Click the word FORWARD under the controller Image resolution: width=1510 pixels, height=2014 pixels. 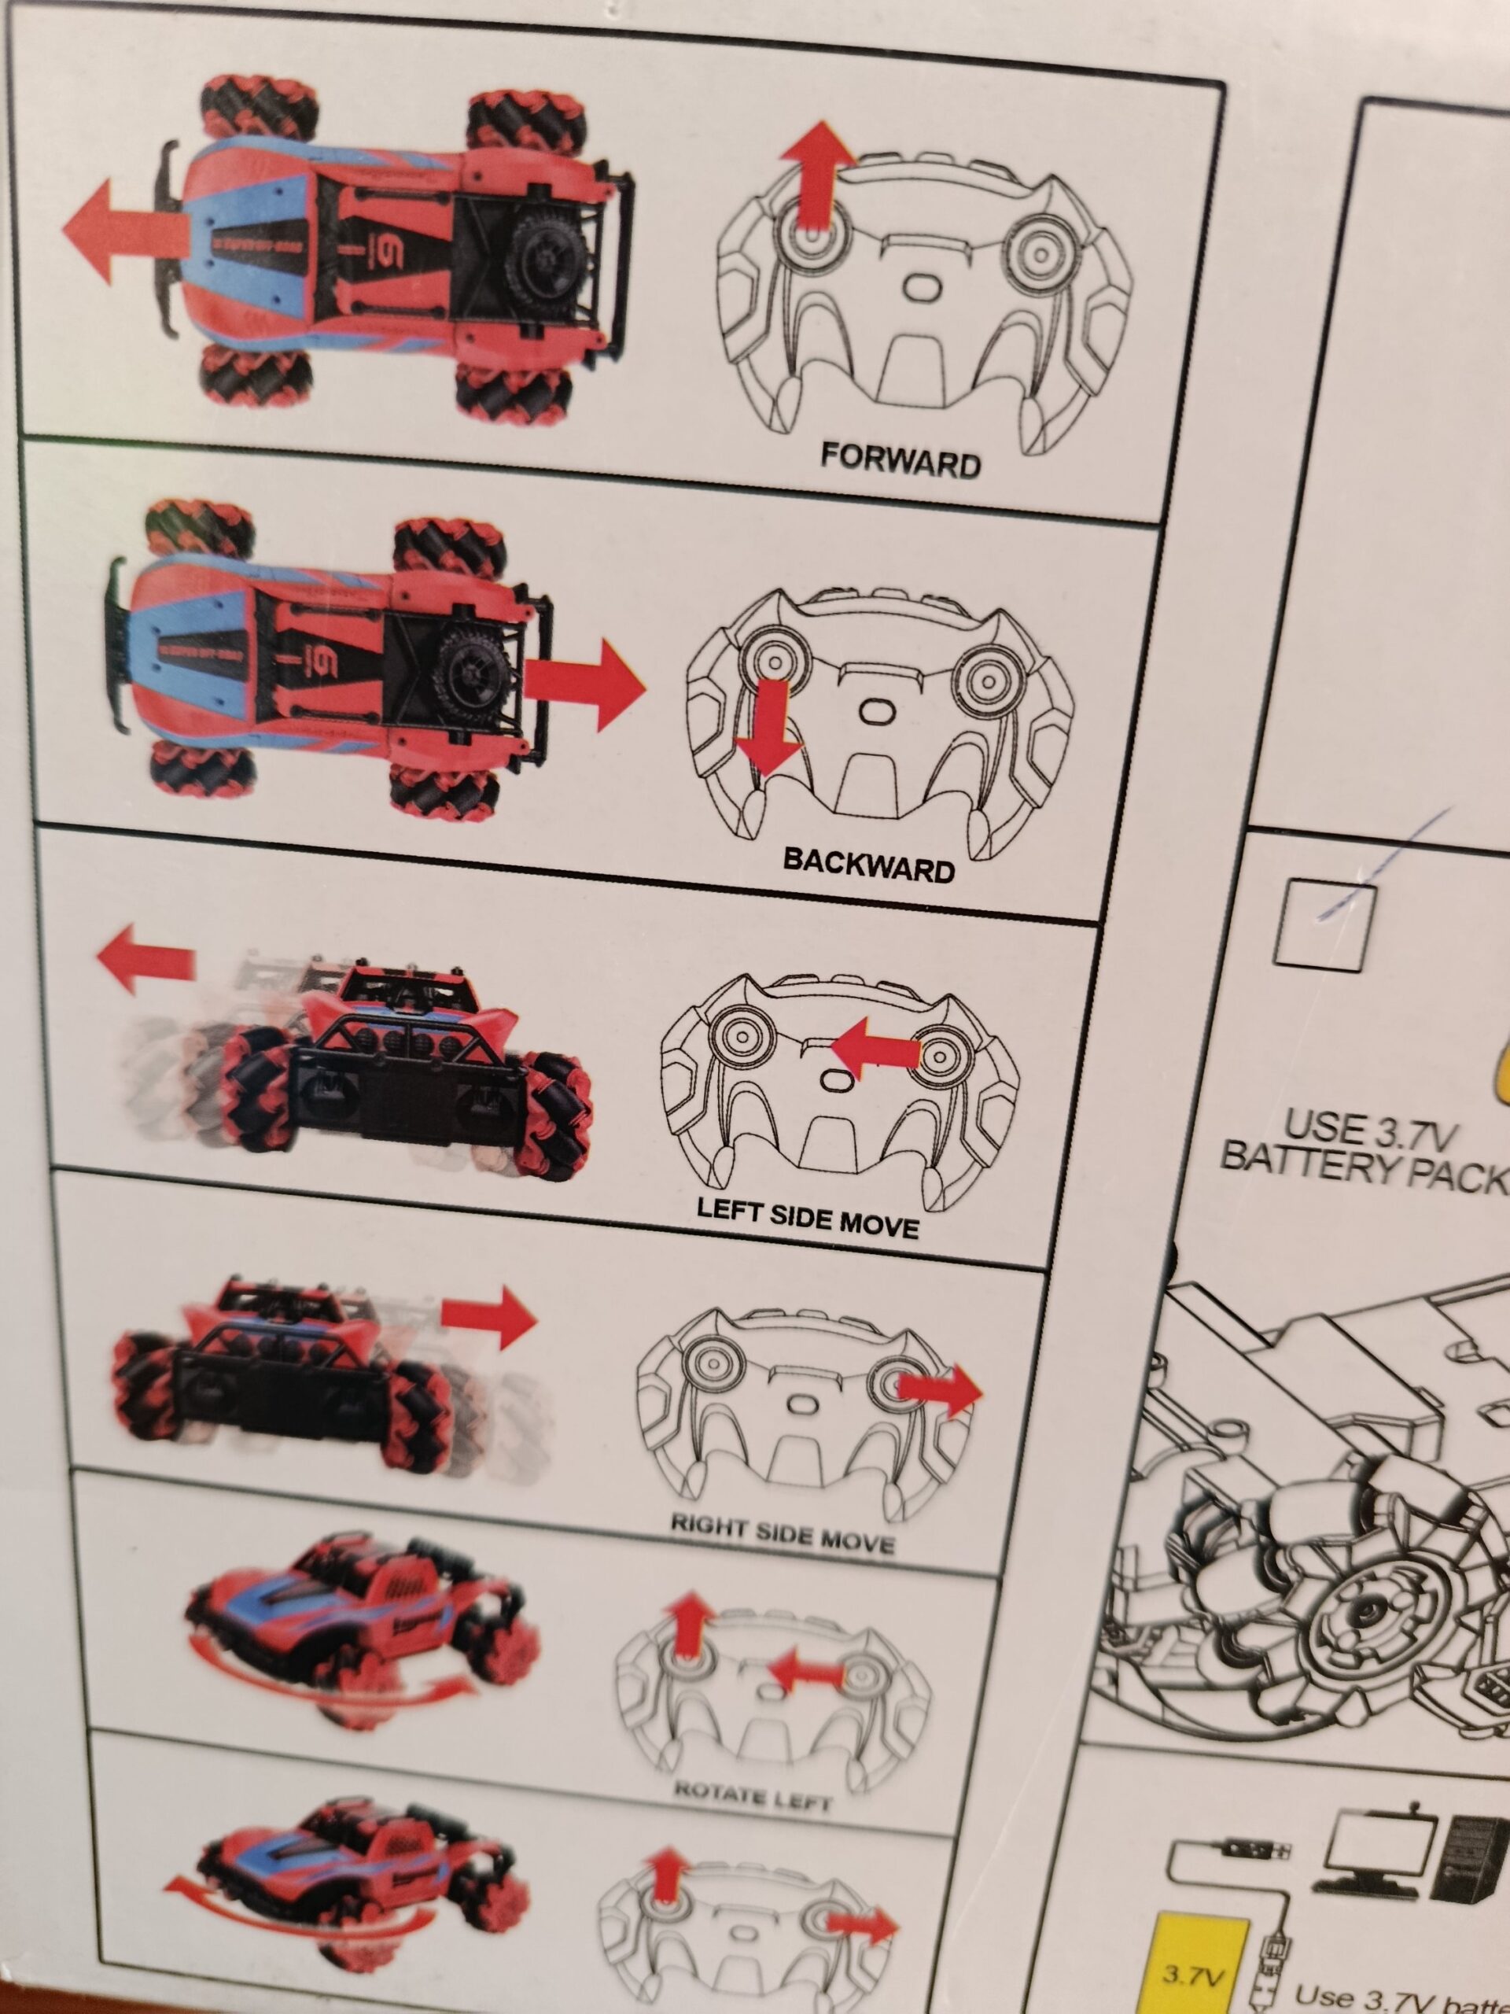click(900, 462)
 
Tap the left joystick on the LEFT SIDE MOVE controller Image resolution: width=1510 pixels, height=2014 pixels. click(745, 1037)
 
